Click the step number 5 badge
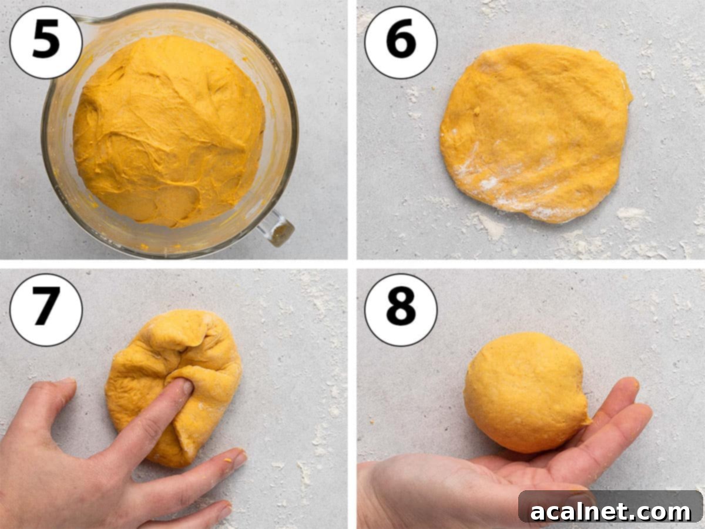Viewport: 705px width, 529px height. (x=46, y=43)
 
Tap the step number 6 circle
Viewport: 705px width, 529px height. (x=401, y=43)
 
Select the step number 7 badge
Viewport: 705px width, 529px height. (x=46, y=310)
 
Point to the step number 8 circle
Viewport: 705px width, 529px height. (x=401, y=310)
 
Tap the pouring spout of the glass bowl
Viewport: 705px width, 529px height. (x=82, y=21)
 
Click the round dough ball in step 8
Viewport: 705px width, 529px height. (x=523, y=391)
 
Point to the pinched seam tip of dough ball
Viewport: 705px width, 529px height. (x=585, y=420)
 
